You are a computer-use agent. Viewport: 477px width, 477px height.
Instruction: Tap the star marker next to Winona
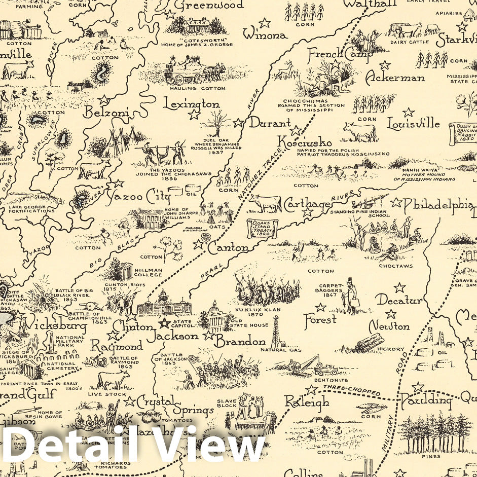[x=264, y=23]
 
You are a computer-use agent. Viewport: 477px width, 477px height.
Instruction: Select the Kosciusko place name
[x=305, y=142]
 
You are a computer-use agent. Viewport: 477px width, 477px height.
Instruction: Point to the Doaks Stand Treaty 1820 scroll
[x=258, y=228]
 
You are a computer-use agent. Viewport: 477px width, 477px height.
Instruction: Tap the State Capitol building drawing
[x=164, y=304]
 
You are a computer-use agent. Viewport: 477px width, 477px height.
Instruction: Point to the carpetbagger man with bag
[x=350, y=296]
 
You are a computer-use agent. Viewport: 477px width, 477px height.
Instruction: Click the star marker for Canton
[x=198, y=245]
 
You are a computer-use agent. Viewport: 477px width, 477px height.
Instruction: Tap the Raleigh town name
[x=306, y=403]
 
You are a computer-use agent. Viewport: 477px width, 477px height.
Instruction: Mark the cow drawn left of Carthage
[x=266, y=204]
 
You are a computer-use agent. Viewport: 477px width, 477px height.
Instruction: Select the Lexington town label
[x=191, y=104]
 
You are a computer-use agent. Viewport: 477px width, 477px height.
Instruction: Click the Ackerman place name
[x=395, y=78]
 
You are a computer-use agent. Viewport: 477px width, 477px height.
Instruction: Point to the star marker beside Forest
[x=320, y=307]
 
